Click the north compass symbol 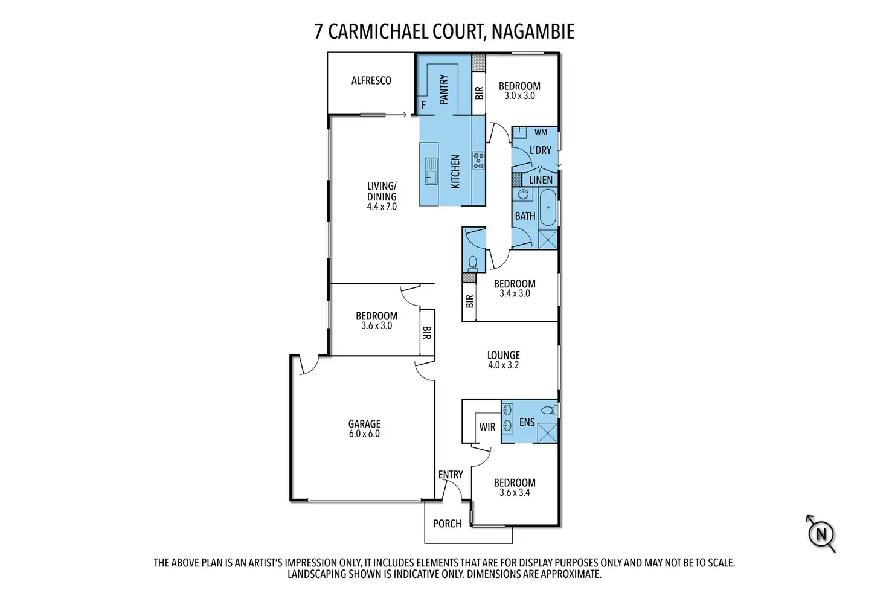(x=821, y=534)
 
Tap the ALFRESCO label (x=371, y=80)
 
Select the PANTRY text (x=444, y=89)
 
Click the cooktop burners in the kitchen (x=478, y=161)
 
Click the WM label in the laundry (x=541, y=132)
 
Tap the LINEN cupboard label (x=541, y=179)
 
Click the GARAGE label (x=364, y=424)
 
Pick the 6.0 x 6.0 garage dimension (x=364, y=434)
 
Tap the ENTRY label (x=451, y=475)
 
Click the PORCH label (x=447, y=524)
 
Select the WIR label (x=487, y=427)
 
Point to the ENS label (x=527, y=422)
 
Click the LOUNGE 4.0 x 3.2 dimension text (x=503, y=365)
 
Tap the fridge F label (x=423, y=105)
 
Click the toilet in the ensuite (x=548, y=410)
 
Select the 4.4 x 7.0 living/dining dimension (x=382, y=207)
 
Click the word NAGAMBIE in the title (x=533, y=31)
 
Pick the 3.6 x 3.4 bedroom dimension (x=515, y=492)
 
